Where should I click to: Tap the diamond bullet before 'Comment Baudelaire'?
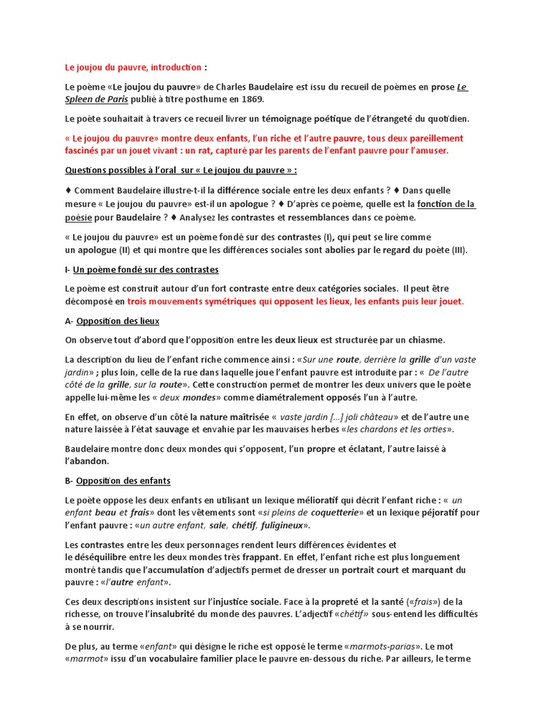pyautogui.click(x=68, y=191)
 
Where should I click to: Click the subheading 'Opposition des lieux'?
pyautogui.click(x=117, y=321)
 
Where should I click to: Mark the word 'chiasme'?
pyautogui.click(x=424, y=340)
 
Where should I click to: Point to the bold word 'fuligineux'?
pyautogui.click(x=282, y=525)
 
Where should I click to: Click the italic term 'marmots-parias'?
pyautogui.click(x=392, y=646)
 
